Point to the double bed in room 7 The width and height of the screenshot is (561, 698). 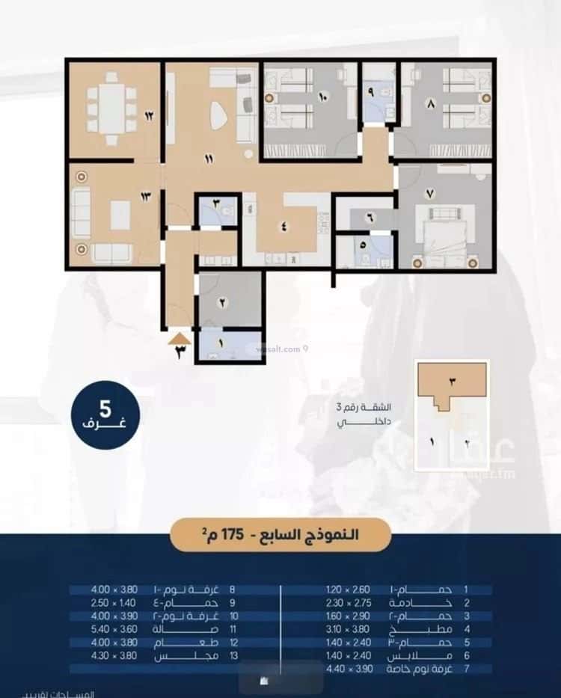click(447, 233)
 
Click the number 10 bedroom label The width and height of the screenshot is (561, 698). click(323, 97)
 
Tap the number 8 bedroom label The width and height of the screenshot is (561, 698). click(430, 105)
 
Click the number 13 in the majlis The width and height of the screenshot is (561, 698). click(145, 197)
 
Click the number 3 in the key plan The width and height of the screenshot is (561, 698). click(452, 381)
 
